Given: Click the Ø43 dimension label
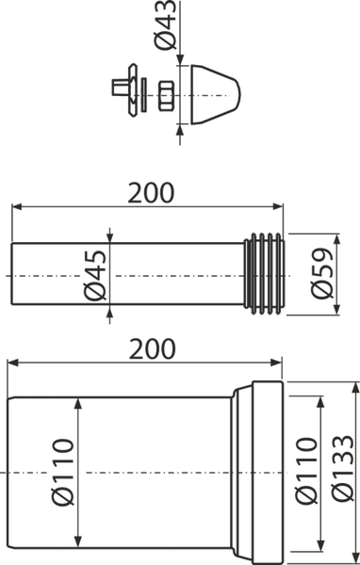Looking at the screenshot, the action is [165, 25].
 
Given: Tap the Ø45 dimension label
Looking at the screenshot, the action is [95, 276].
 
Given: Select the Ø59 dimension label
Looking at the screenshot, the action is [321, 273].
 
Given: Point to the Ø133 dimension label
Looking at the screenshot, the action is [343, 468].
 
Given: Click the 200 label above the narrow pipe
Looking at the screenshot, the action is [151, 193].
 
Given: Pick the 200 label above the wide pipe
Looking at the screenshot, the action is [153, 349].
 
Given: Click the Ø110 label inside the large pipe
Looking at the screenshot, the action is [63, 473].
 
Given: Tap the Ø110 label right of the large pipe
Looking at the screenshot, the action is [306, 470].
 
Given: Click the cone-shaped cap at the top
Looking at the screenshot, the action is [216, 95].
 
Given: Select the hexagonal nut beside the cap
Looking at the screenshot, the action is [166, 95].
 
